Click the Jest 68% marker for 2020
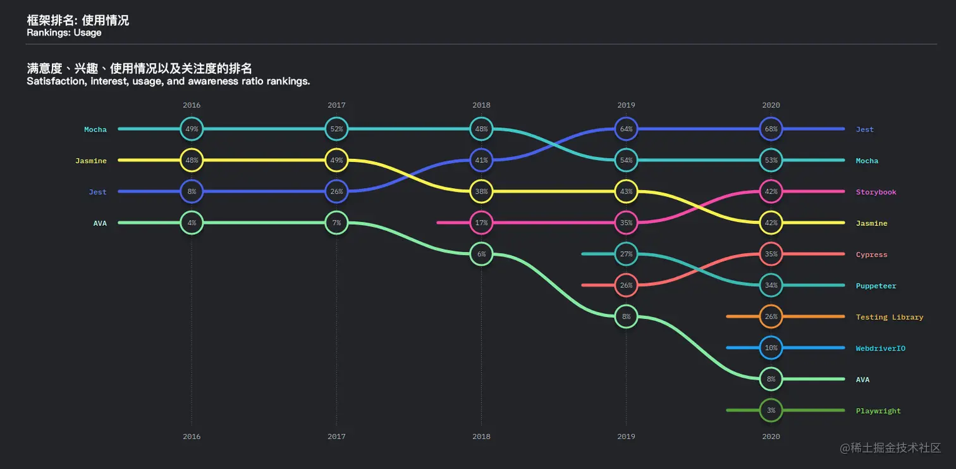coord(771,129)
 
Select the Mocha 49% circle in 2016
coord(192,129)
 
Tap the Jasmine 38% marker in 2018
coord(481,192)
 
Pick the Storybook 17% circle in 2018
coord(481,223)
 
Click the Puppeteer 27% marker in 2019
coord(626,254)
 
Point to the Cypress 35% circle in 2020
coord(771,254)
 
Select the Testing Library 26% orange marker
coord(771,316)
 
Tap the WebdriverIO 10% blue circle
coord(771,347)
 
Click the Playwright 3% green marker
coord(771,410)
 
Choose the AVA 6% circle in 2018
coord(481,254)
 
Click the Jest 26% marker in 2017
coord(336,192)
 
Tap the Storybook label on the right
coord(876,192)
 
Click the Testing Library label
coord(889,317)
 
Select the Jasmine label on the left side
coord(91,161)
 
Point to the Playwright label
coord(878,411)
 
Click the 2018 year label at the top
coord(481,105)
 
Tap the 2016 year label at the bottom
coord(192,436)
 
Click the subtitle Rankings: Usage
coord(64,33)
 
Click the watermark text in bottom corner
coord(890,448)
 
